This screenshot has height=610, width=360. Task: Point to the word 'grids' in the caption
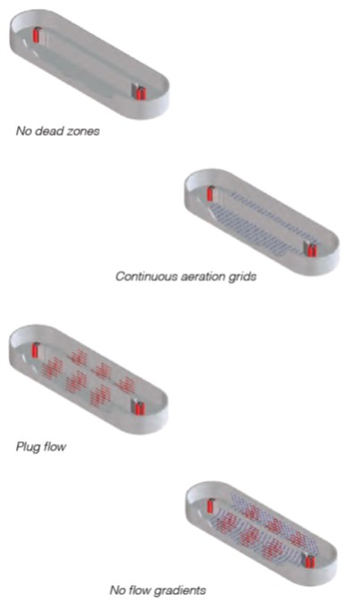(242, 278)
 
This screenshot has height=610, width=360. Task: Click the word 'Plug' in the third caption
(27, 447)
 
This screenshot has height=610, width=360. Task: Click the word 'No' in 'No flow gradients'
(116, 590)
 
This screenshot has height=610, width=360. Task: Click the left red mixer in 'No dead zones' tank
(37, 35)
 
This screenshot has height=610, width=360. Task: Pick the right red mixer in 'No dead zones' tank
(141, 94)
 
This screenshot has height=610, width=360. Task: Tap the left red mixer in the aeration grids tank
(210, 194)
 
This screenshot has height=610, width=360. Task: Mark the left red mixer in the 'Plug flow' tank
(36, 350)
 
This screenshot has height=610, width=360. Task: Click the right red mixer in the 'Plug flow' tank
(139, 408)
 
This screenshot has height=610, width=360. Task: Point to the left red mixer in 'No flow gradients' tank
(210, 506)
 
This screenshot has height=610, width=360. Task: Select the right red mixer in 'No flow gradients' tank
(310, 562)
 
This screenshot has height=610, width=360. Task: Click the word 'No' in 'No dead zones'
(23, 130)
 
